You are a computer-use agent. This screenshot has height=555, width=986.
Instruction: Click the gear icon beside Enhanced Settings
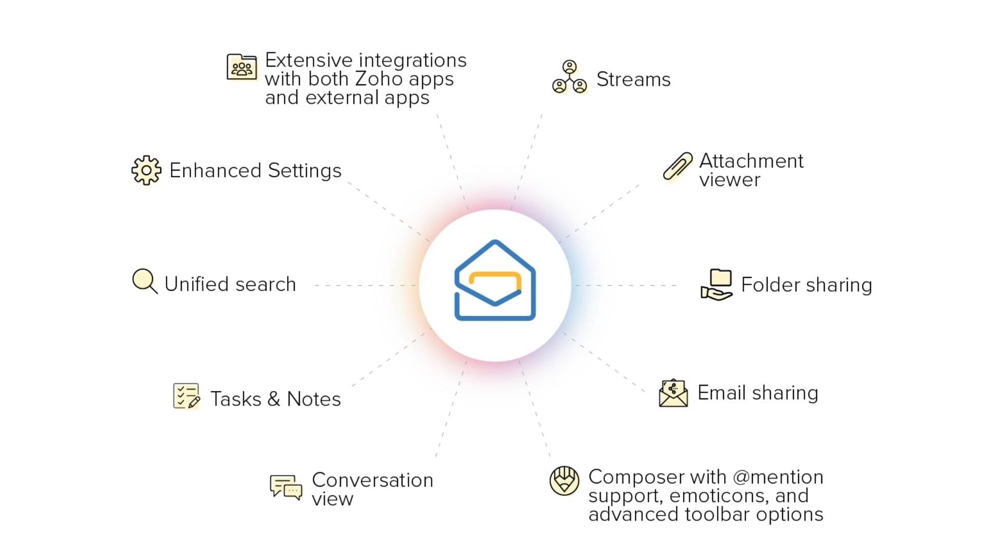146,170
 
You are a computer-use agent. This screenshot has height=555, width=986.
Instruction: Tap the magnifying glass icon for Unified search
144,281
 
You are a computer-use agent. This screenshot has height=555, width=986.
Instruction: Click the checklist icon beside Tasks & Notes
186,396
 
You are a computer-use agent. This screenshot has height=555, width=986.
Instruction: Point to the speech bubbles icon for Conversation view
286,487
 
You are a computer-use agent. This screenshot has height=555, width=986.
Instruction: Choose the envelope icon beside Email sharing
673,394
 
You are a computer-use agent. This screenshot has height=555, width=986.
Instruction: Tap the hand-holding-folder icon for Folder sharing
717,285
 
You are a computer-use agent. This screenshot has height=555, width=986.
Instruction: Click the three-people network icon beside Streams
570,78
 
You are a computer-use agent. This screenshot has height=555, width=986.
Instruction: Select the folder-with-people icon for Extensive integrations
242,67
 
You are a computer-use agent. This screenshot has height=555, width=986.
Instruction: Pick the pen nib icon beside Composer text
564,481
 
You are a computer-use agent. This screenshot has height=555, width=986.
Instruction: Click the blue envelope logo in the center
495,281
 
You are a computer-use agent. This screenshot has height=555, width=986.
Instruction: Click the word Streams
633,80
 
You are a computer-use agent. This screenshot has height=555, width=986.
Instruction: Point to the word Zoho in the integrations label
378,79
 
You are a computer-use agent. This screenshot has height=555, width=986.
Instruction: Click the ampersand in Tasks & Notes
274,399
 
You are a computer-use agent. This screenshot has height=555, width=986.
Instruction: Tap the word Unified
196,284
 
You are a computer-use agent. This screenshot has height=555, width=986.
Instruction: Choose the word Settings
305,171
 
